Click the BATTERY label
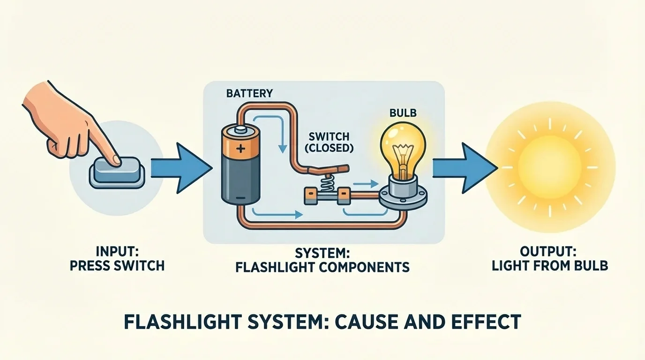(x=249, y=93)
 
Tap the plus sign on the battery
(x=240, y=150)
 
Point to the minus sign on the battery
(x=240, y=198)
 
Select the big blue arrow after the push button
(x=180, y=168)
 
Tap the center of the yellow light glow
(x=550, y=168)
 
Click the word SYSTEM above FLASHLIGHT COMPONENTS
(x=322, y=253)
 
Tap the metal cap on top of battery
(x=240, y=130)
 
